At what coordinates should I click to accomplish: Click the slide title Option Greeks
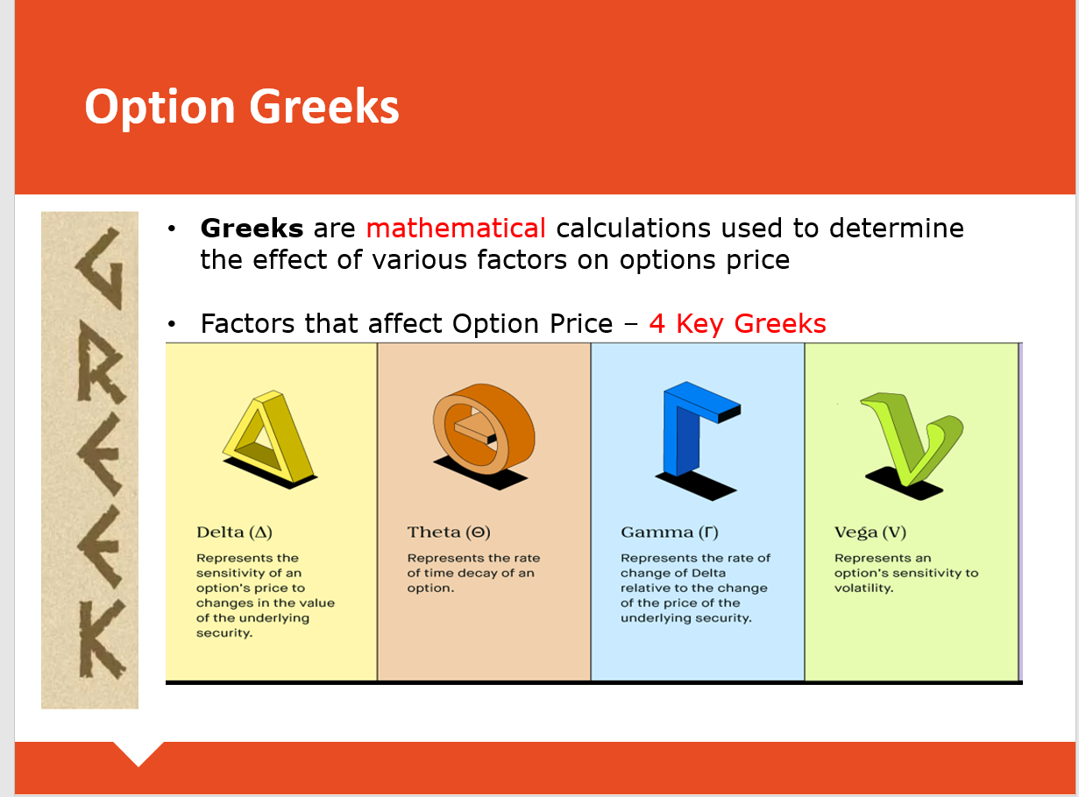242,108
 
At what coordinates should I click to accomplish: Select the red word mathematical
456,228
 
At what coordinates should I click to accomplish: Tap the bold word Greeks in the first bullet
252,228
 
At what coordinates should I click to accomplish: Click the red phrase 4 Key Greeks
737,323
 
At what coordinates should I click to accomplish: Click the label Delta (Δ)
234,533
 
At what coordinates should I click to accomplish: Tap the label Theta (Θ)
449,533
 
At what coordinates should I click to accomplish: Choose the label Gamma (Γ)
670,533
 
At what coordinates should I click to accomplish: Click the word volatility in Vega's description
863,588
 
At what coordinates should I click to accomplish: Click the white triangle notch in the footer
138,751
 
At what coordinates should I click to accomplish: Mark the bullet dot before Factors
171,324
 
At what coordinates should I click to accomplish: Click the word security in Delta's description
224,633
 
